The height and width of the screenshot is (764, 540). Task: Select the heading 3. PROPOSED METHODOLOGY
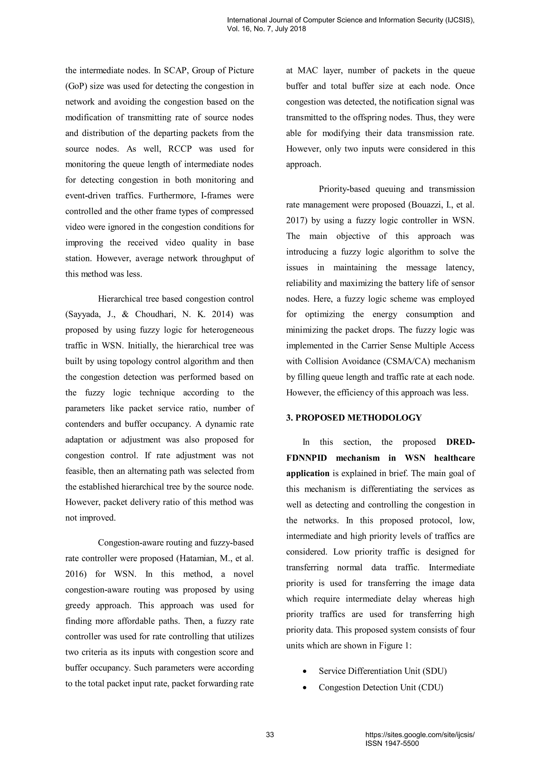point(354,418)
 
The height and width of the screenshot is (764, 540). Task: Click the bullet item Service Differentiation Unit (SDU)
point(382,671)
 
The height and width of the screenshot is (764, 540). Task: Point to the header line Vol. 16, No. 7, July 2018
point(266,29)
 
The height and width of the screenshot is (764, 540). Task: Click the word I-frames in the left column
point(215,196)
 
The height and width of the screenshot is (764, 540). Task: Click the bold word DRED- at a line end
point(461,442)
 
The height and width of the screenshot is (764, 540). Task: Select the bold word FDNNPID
point(306,458)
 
